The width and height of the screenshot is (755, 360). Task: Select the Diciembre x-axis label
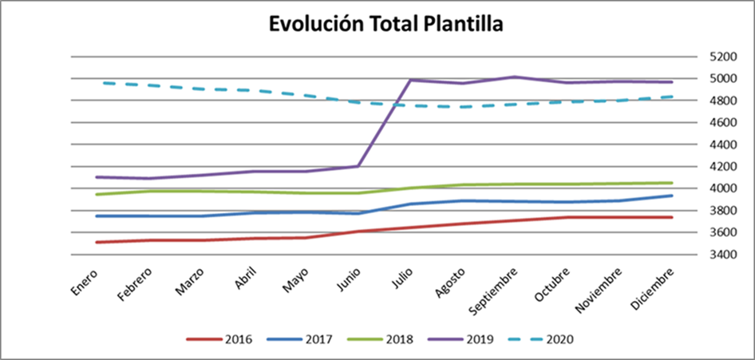click(x=657, y=287)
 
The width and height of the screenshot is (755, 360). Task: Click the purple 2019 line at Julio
click(x=410, y=80)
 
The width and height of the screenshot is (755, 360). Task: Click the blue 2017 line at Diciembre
click(x=671, y=196)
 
